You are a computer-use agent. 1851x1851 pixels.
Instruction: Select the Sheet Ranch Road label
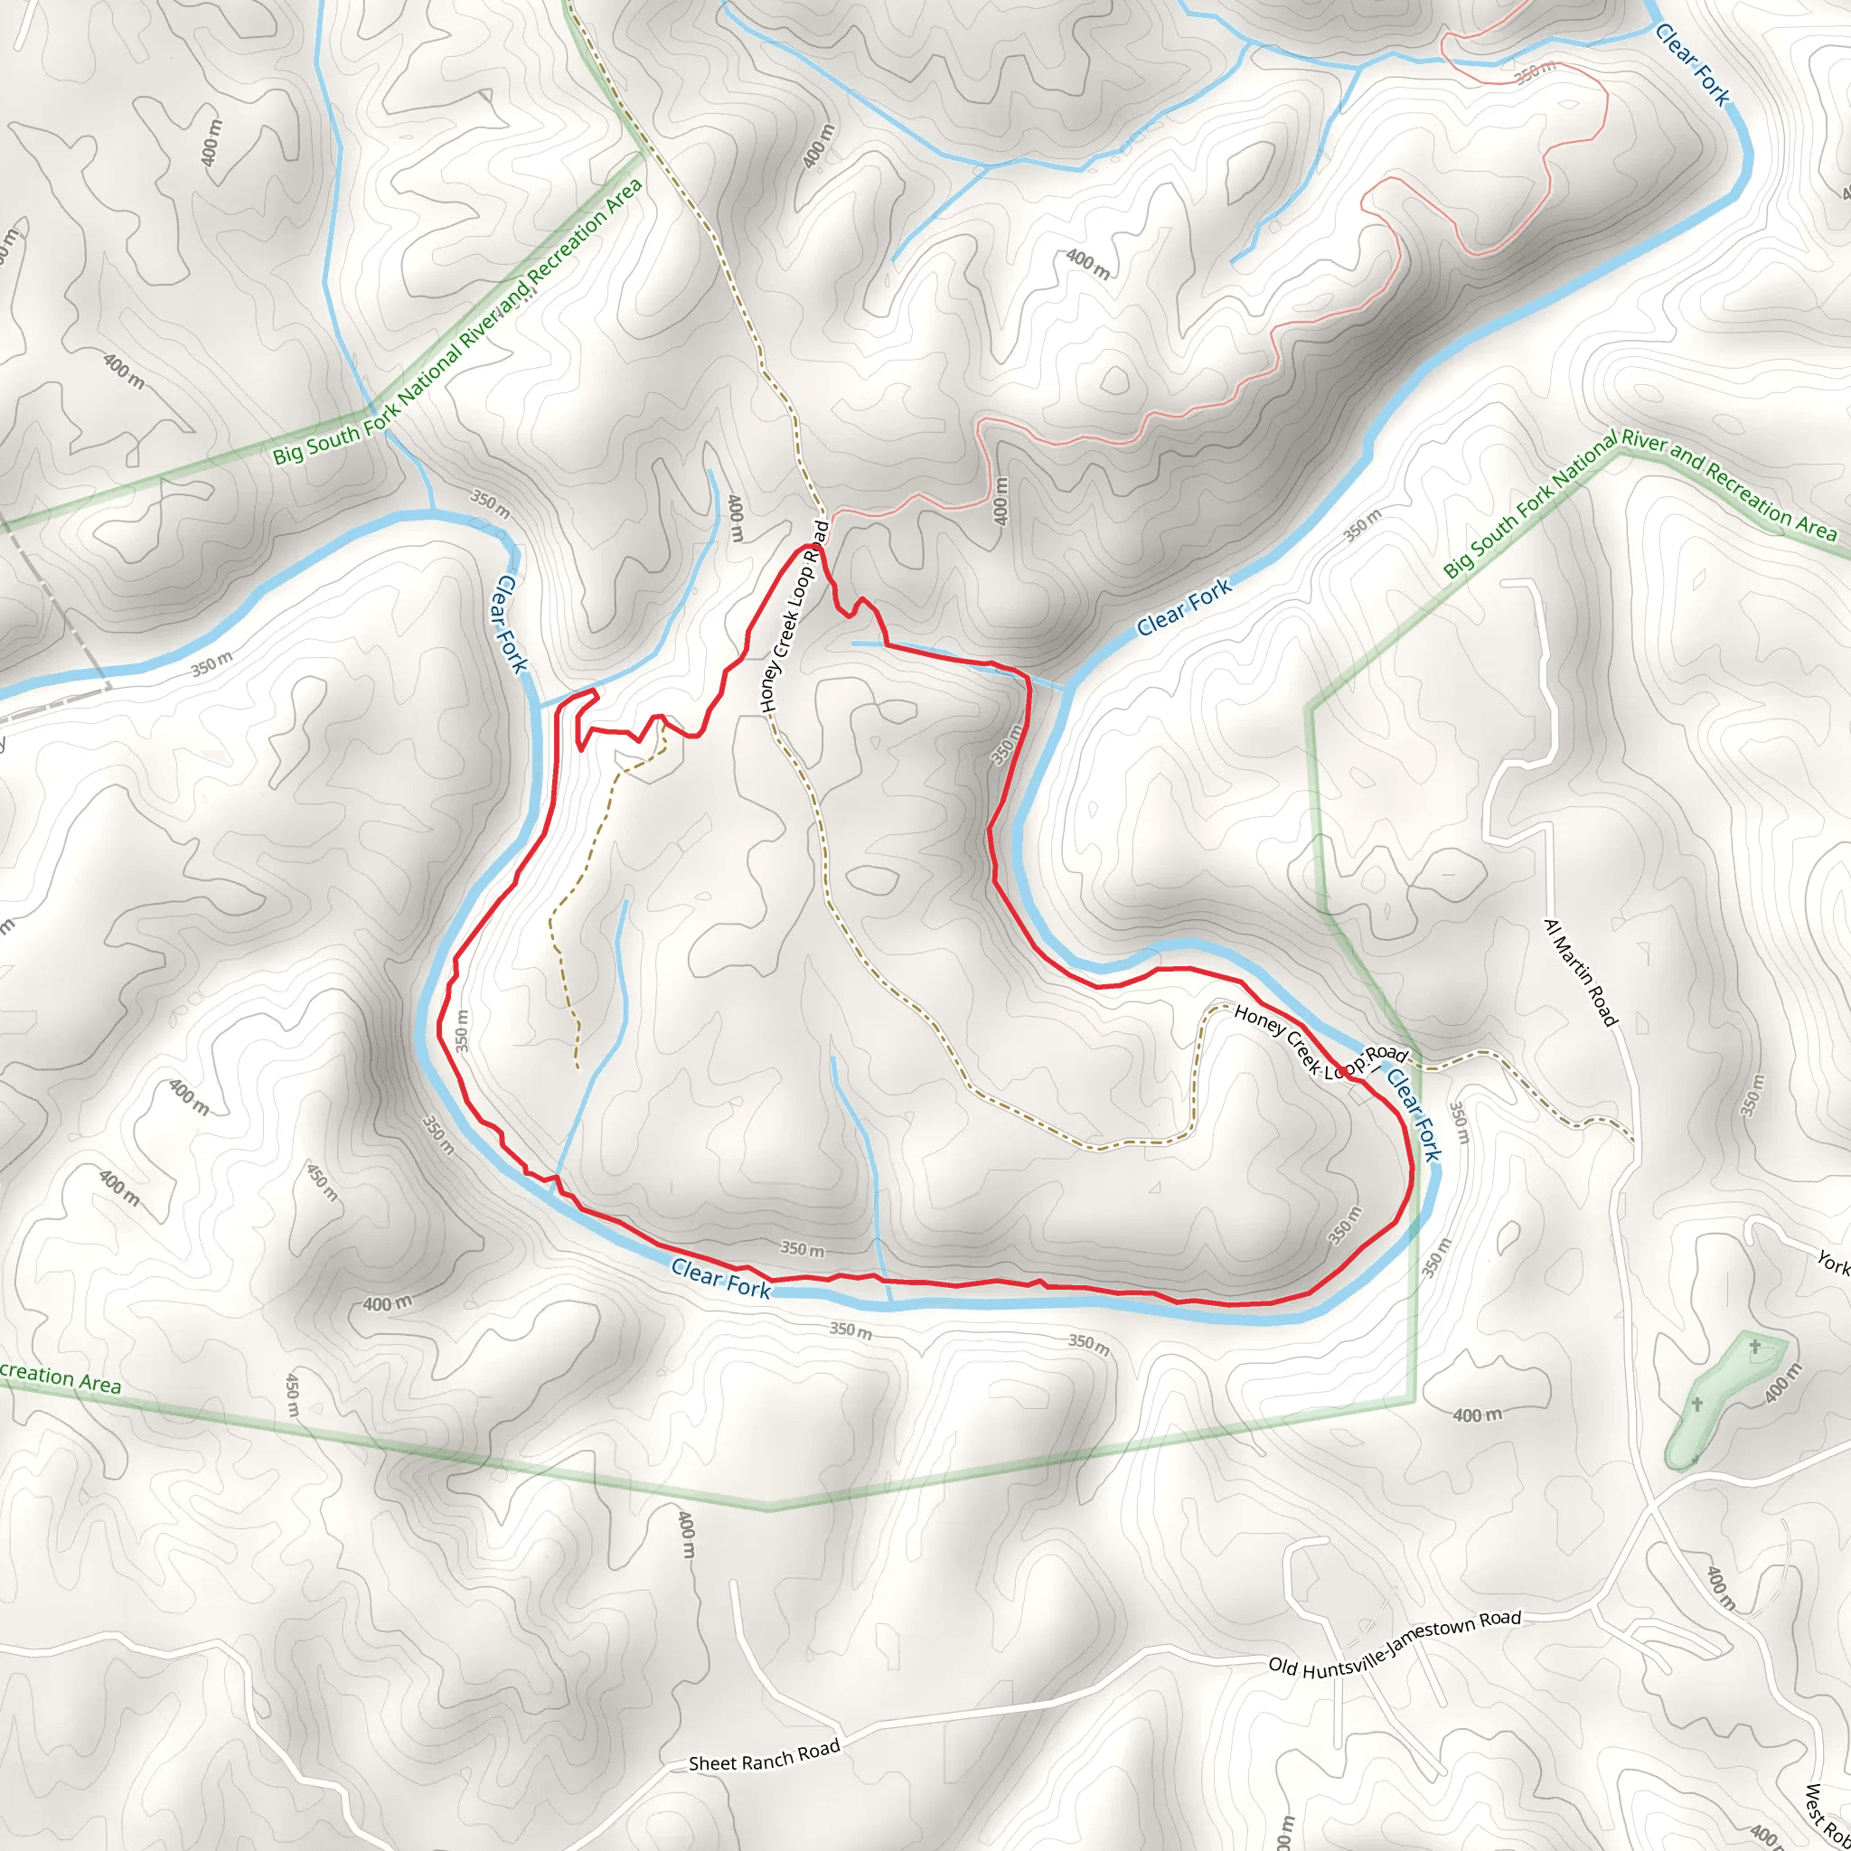click(x=764, y=1753)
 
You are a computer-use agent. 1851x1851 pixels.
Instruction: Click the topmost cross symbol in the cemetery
click(x=1754, y=1348)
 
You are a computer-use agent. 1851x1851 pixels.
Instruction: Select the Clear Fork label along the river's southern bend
click(x=720, y=1279)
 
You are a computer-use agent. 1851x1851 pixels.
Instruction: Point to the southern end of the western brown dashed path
click(x=577, y=1066)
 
